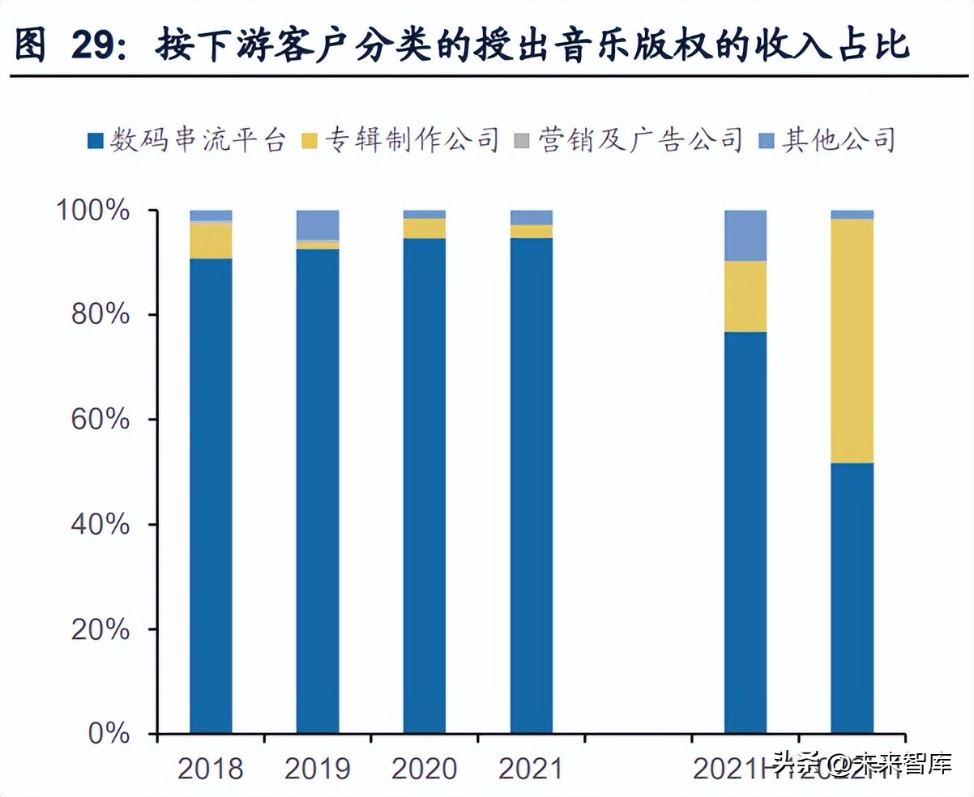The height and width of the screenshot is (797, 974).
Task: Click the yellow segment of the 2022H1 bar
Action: click(852, 340)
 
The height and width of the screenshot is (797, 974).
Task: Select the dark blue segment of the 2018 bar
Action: click(211, 494)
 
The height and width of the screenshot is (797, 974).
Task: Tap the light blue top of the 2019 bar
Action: click(318, 224)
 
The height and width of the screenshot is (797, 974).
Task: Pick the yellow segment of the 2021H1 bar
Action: click(745, 296)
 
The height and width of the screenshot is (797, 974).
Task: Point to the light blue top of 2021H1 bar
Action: click(745, 235)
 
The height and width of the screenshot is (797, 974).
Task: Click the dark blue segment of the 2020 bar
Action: click(424, 486)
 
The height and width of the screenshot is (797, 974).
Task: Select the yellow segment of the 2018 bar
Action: click(211, 241)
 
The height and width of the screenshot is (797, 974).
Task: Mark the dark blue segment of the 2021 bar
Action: click(531, 486)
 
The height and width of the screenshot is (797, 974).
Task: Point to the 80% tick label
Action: click(100, 314)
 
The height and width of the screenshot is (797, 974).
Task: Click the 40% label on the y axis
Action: click(100, 524)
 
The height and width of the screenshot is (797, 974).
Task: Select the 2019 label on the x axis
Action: click(317, 769)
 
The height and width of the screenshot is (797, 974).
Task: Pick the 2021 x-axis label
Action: click(531, 769)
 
